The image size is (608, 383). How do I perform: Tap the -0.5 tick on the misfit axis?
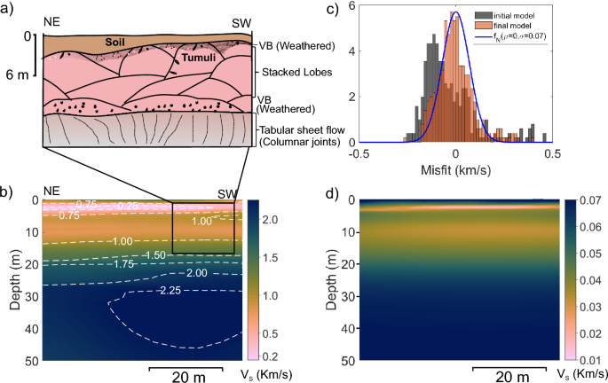pos(359,152)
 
